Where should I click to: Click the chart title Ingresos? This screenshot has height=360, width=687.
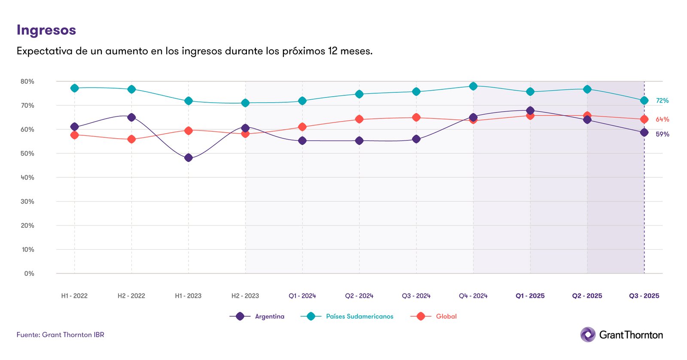point(46,30)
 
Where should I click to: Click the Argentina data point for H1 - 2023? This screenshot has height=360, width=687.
point(188,158)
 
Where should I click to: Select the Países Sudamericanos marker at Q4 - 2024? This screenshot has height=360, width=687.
point(473,86)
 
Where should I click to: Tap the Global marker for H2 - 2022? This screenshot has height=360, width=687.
point(131,139)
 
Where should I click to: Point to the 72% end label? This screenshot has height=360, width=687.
point(662,101)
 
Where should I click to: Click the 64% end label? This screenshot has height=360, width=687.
point(662,119)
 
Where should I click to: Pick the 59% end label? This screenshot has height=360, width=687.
point(662,134)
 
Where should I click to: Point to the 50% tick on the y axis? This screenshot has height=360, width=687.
point(27,153)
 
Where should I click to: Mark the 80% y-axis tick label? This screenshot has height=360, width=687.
point(27,81)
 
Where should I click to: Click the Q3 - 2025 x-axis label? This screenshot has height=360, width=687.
point(644,296)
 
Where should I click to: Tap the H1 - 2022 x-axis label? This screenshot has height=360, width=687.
point(74,296)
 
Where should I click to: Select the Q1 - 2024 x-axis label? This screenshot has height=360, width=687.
point(302,296)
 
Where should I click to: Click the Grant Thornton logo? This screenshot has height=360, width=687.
point(621,335)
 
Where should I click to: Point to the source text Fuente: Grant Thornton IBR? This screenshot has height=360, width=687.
point(61,335)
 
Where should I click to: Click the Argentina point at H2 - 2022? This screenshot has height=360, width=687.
point(131,117)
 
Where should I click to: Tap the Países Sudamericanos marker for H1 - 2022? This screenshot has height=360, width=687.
point(74,88)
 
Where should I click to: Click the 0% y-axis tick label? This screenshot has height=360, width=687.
point(29,274)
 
